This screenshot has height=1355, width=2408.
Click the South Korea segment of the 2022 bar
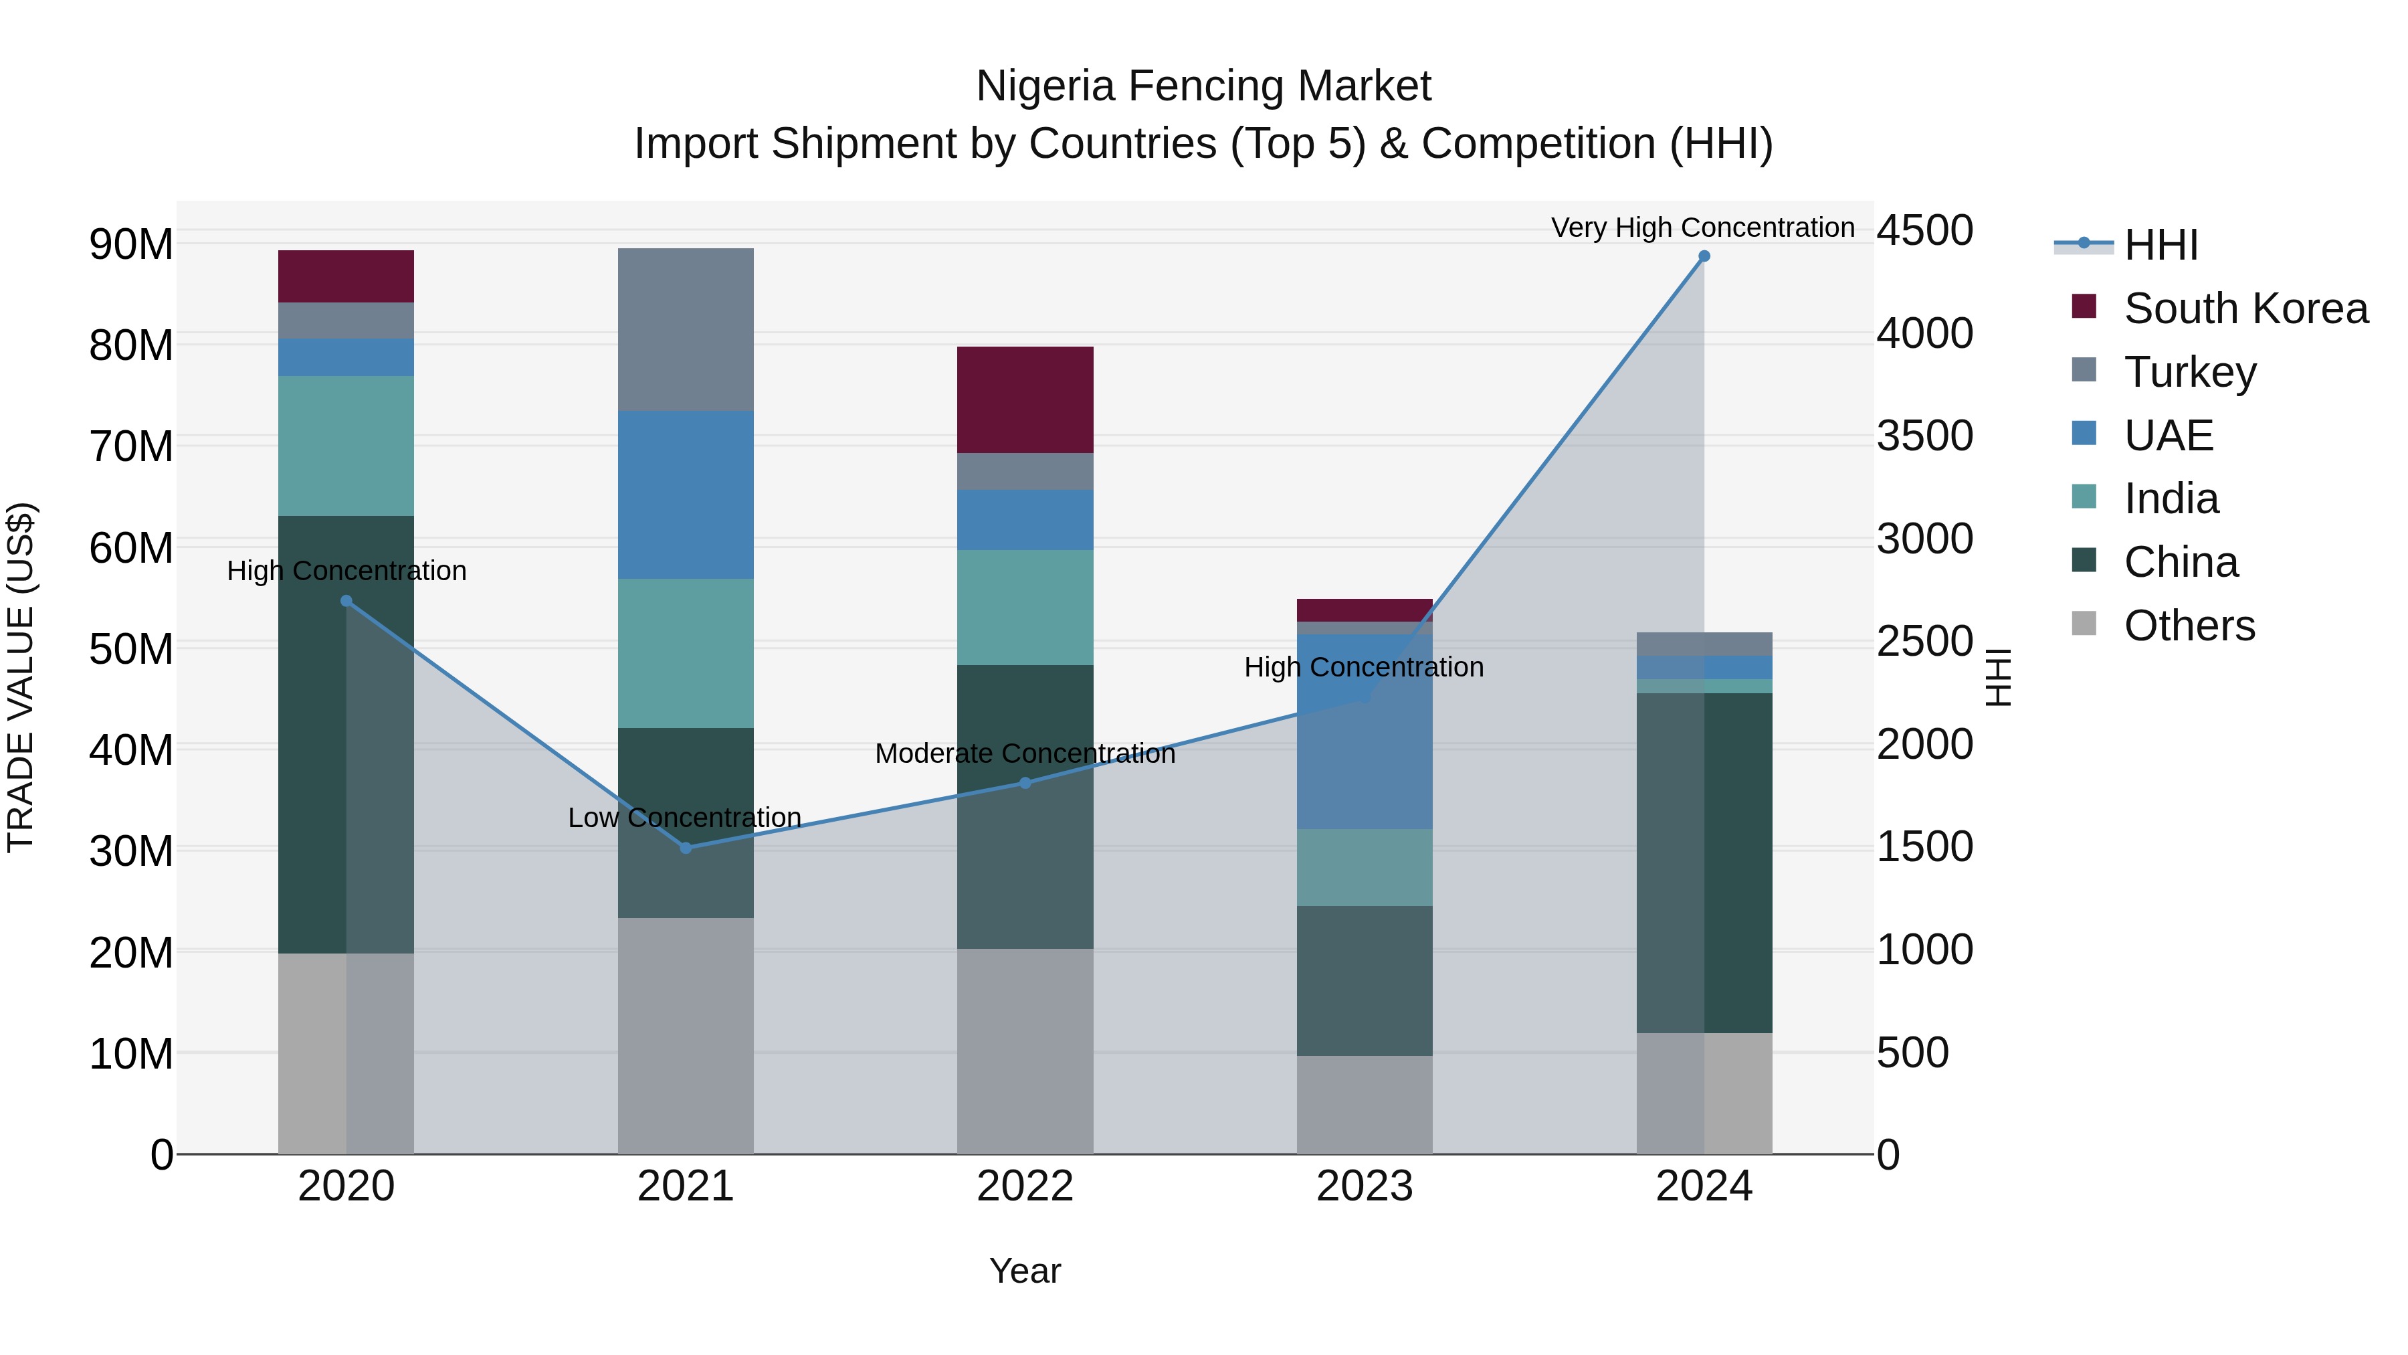1025,399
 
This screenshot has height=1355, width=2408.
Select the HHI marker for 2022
1025,783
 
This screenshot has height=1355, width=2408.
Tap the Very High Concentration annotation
1702,228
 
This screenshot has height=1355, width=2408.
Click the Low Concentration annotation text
684,817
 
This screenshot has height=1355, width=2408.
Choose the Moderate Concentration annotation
1025,753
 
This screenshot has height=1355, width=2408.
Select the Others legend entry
2189,625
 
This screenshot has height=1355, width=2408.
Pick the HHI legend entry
2161,245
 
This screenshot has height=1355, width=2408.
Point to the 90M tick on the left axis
131,244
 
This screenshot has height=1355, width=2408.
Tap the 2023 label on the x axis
1364,1186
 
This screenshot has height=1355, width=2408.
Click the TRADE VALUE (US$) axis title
21,677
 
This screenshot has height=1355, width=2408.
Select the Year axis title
1025,1271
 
